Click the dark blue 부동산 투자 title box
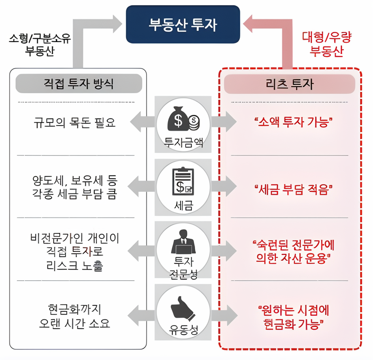point(183,24)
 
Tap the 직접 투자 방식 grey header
point(79,83)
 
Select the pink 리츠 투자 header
point(290,84)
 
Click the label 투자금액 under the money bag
point(183,142)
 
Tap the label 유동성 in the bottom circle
point(183,330)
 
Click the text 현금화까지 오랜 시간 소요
point(75,316)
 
